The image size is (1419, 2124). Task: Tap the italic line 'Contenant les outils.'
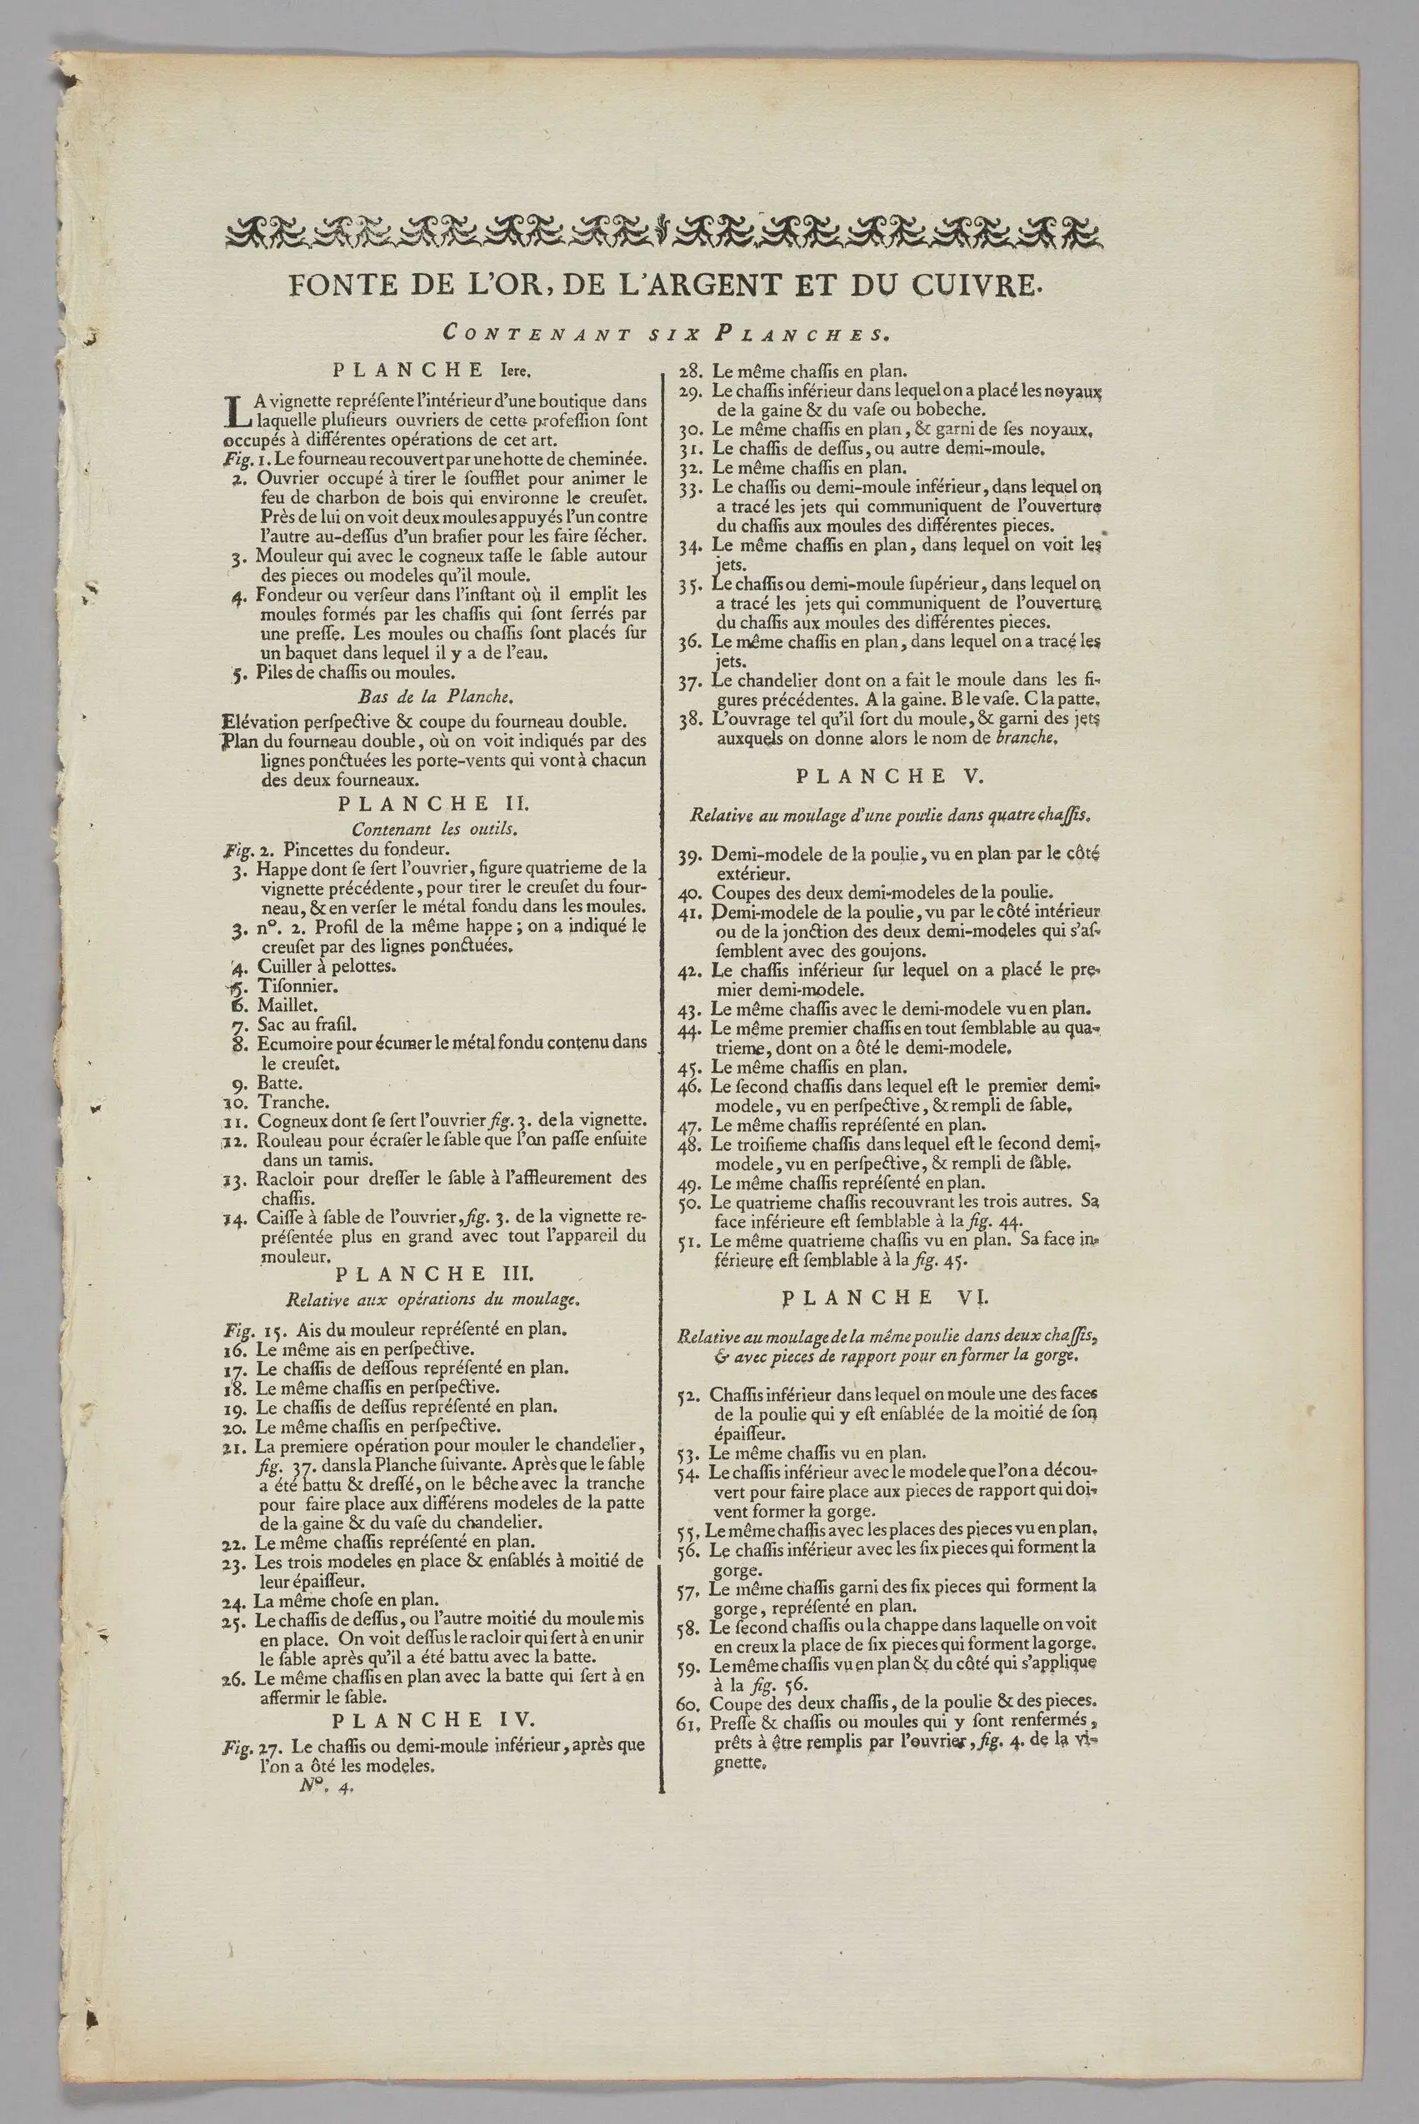pyautogui.click(x=434, y=828)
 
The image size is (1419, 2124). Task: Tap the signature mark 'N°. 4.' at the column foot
pyautogui.click(x=327, y=1787)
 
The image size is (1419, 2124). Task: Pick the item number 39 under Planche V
pyautogui.click(x=691, y=855)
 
